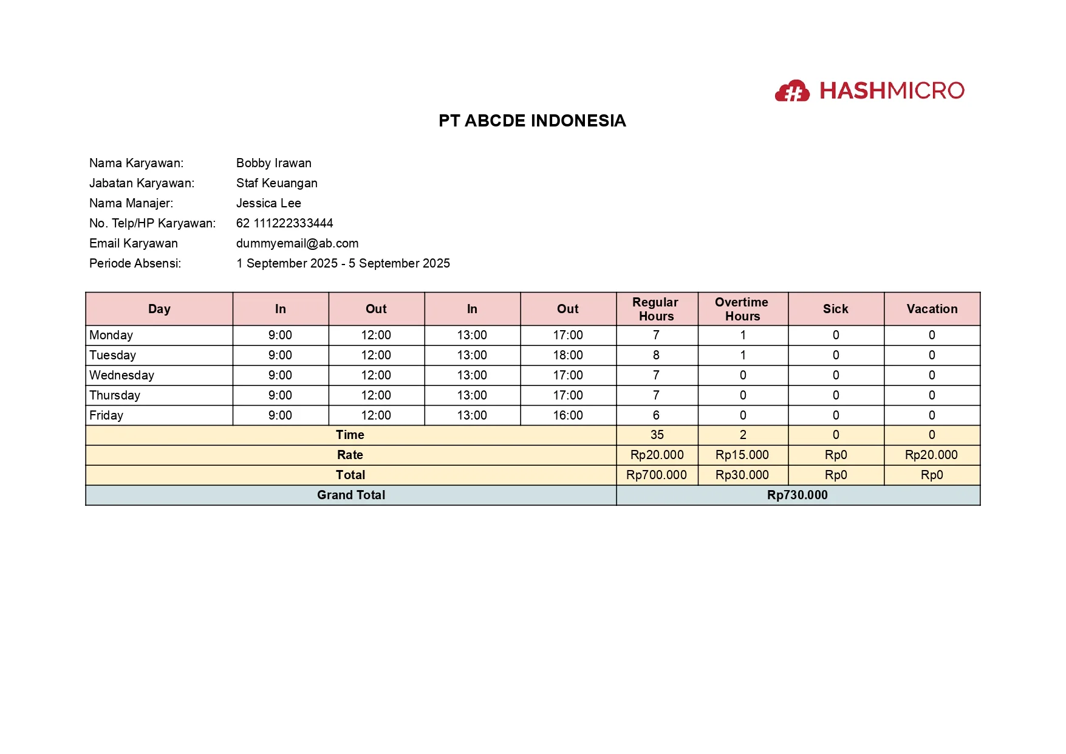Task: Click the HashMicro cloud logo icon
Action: (792, 91)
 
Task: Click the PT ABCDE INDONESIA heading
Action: (532, 120)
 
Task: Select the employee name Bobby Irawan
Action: (273, 163)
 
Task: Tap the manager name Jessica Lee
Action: (268, 203)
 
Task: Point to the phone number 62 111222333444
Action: (284, 223)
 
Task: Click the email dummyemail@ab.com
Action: (297, 243)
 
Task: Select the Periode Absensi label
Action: (135, 263)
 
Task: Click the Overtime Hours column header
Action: (742, 309)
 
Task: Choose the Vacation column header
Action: (932, 309)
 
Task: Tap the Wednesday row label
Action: (121, 375)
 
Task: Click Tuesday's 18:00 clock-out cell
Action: (568, 355)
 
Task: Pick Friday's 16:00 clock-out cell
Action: (568, 415)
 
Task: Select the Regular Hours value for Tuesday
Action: (656, 355)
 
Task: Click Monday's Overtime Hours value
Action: (742, 335)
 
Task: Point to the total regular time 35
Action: (657, 435)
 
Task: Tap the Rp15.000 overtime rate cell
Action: (742, 455)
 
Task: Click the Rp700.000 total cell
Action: (656, 475)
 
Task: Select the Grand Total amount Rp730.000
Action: (797, 495)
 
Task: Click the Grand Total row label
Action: (350, 495)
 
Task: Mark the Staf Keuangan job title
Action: (276, 183)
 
